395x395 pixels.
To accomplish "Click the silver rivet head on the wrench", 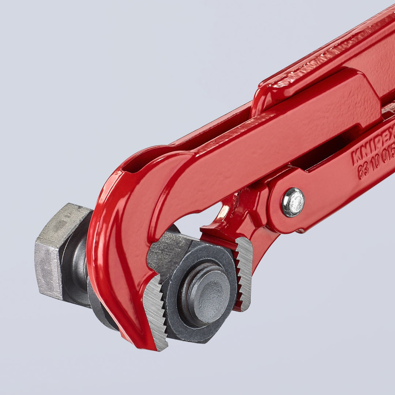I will click(x=293, y=202).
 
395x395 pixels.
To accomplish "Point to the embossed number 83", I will click(x=363, y=170).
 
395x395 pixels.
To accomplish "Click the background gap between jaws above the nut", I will click(x=197, y=223).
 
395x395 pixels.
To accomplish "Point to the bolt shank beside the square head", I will click(x=79, y=263).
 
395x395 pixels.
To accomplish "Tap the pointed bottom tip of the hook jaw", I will click(x=157, y=346).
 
